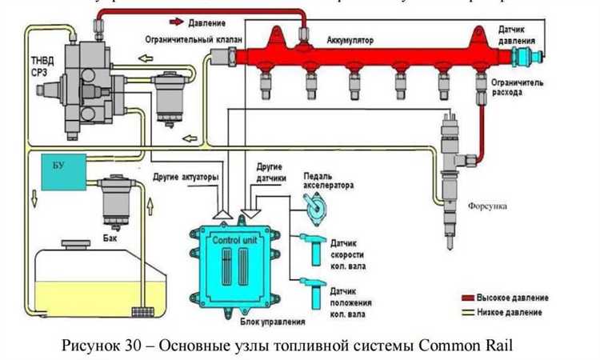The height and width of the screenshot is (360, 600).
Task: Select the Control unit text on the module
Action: [x=234, y=240]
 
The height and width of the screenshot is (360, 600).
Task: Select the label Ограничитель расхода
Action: [x=513, y=87]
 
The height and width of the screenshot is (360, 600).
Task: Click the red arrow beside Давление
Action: [x=178, y=23]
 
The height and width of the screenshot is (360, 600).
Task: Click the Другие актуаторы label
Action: [x=185, y=174]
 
